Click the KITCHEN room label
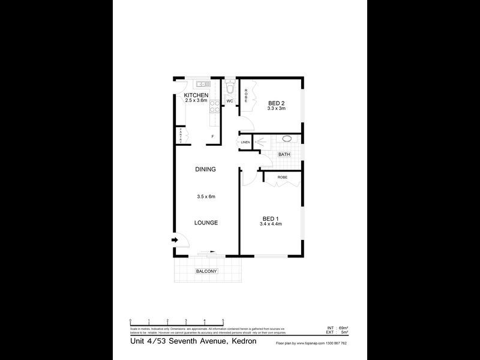click(196, 95)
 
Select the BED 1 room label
click(271, 218)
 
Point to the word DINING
click(205, 169)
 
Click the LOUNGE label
click(205, 223)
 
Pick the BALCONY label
click(206, 272)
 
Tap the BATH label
click(284, 154)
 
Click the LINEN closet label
click(245, 142)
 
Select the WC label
click(230, 101)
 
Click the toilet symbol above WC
click(230, 89)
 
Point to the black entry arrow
click(176, 241)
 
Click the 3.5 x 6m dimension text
click(205, 196)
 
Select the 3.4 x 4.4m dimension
click(271, 224)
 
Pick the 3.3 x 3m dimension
click(277, 109)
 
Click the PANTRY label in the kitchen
click(181, 136)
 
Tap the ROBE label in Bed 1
click(282, 178)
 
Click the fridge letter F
click(212, 137)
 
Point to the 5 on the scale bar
click(223, 321)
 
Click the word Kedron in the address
click(242, 341)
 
